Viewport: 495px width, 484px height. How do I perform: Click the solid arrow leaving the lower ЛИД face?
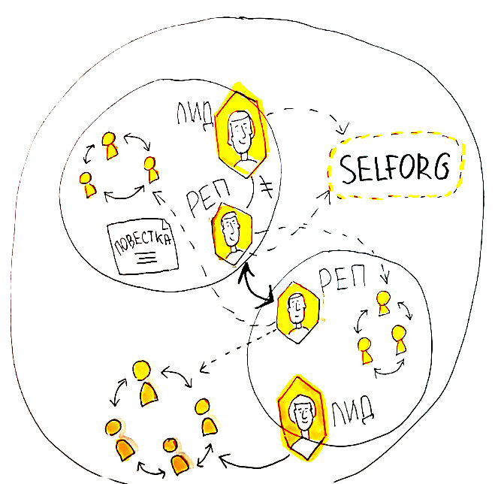pyautogui.click(x=248, y=457)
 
